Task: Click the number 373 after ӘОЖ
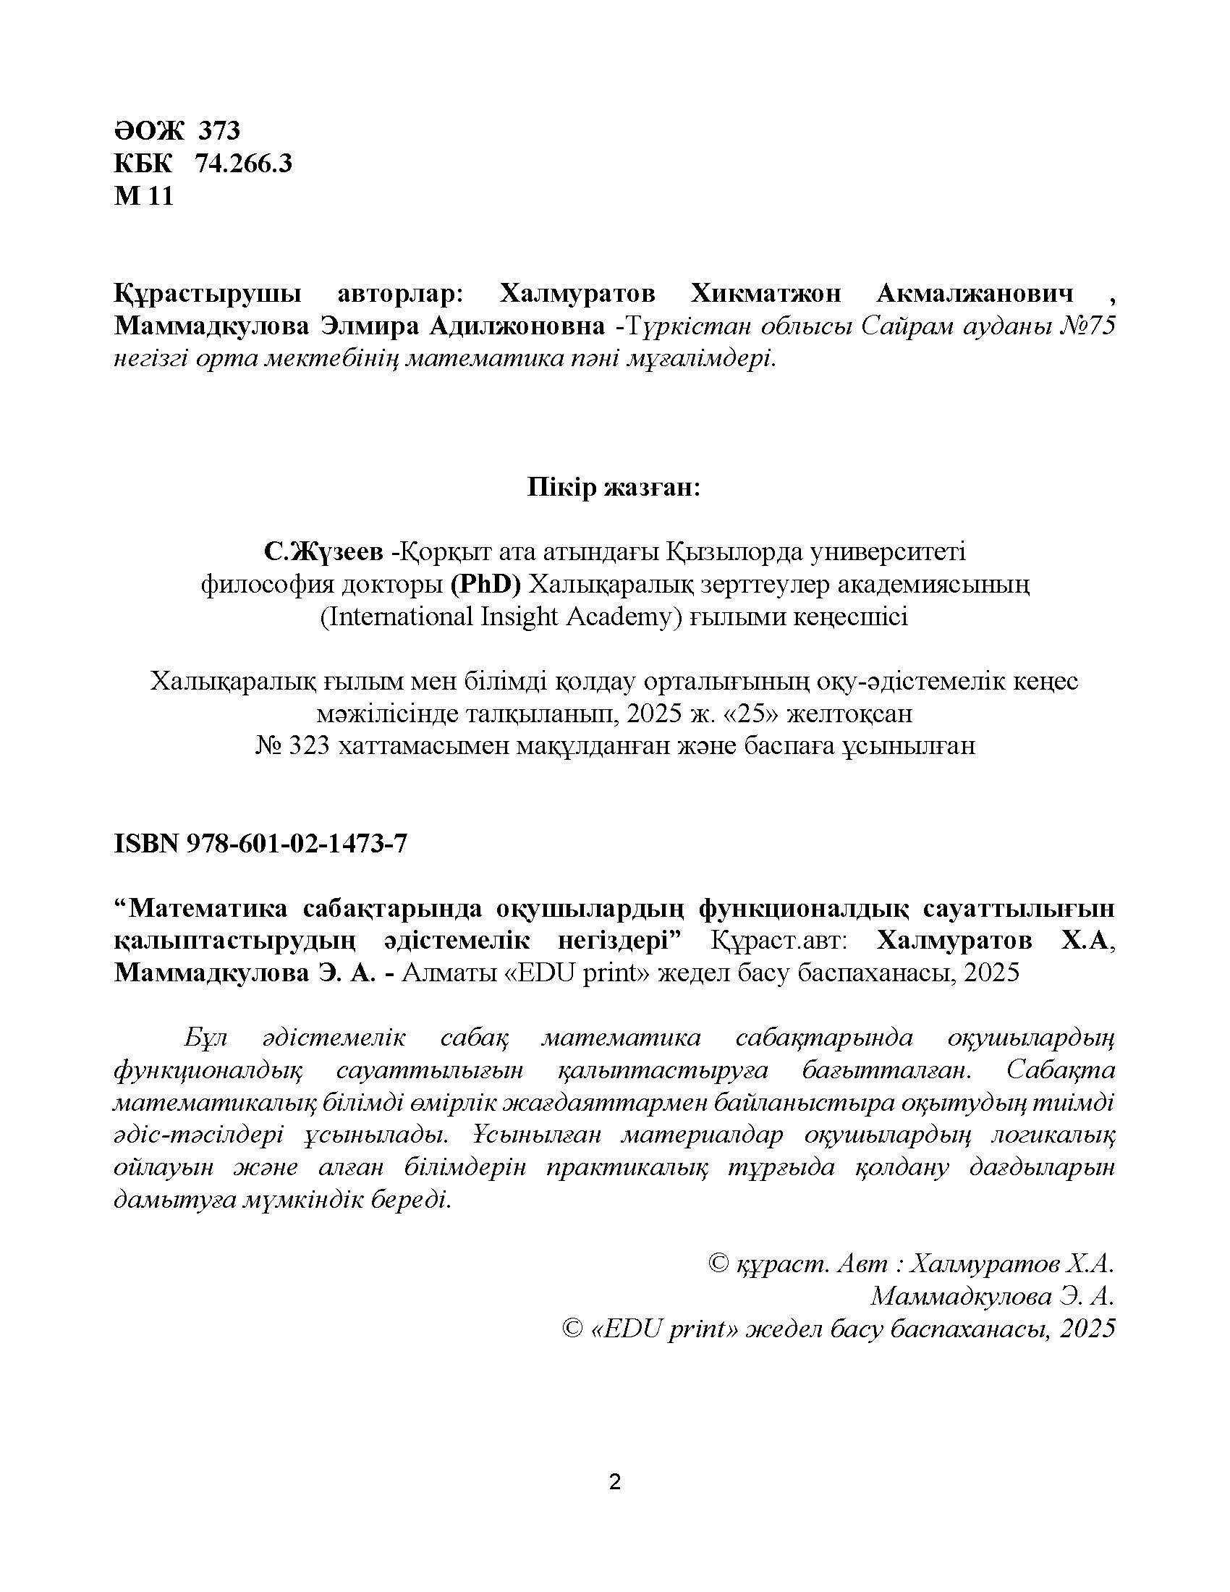coord(218,131)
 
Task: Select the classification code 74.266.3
coord(243,164)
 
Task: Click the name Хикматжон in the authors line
coord(764,295)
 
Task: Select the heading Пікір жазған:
coord(614,488)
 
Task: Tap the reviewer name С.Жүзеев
coord(323,552)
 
